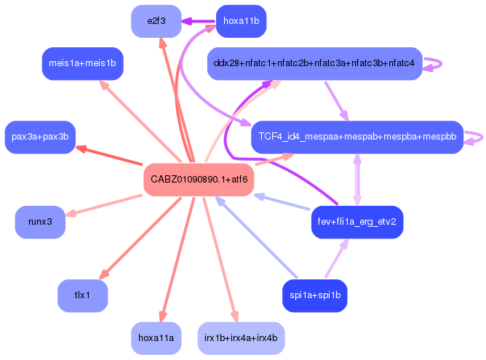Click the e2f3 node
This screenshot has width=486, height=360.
coord(156,21)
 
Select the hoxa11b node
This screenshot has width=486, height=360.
coord(241,21)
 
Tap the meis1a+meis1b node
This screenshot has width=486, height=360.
coord(82,63)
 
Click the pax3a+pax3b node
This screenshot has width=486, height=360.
coord(40,137)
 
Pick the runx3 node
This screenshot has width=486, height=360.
coord(40,222)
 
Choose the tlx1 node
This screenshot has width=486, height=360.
coord(82,295)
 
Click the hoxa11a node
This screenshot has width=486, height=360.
coord(156,337)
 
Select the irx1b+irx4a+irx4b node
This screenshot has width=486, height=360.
coord(241,337)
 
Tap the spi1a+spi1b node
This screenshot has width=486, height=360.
coord(314,295)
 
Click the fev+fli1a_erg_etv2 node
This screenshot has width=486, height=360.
coord(356,222)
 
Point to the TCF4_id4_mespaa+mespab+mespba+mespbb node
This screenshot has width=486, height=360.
coord(356,137)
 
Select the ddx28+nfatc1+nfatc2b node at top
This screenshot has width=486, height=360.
coord(314,63)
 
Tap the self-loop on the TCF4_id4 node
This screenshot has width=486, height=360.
coord(475,137)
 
